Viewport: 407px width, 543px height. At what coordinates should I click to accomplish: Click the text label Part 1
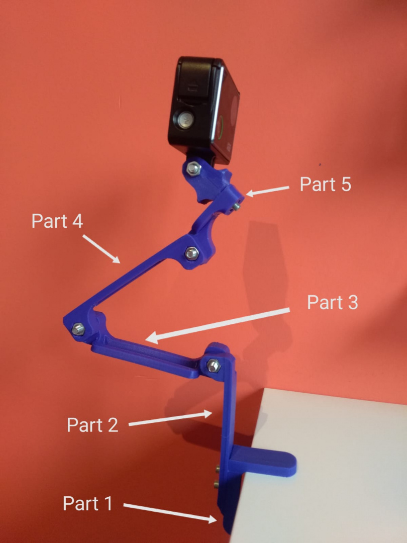coord(87,503)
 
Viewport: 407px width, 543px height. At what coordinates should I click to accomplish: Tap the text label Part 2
coord(92,425)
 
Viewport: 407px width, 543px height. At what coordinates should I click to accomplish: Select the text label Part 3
coord(332,303)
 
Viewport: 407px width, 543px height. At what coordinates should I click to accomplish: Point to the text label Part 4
coord(57,221)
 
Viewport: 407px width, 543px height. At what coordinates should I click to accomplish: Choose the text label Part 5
coord(325,184)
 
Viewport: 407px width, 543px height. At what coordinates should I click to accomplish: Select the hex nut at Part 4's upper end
coord(190,253)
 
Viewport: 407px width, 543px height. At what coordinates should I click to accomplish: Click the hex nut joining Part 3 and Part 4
coord(77,329)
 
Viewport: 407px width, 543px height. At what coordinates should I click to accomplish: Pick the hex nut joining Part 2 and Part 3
coord(213,366)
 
